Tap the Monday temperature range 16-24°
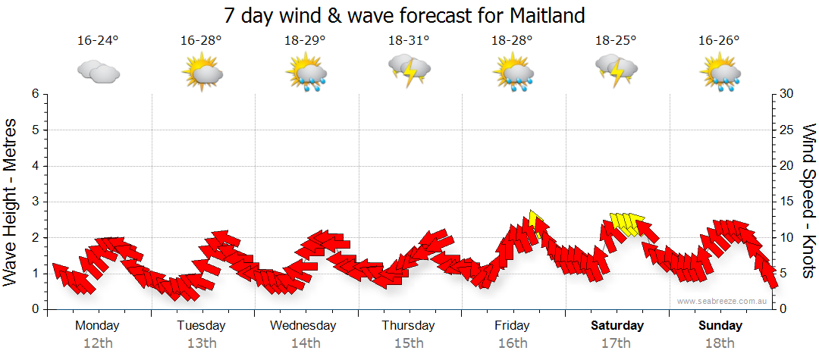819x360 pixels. (98, 41)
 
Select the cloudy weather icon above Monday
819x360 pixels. (99, 72)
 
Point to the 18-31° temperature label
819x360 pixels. (409, 41)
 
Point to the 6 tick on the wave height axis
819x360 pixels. (34, 94)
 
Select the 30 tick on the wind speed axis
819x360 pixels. (787, 94)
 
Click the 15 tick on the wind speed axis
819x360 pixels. (787, 202)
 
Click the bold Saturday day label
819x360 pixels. (617, 326)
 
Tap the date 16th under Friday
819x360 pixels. (513, 343)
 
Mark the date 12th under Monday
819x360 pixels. (98, 343)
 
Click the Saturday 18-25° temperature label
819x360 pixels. (616, 41)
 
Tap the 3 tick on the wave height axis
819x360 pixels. (34, 202)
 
